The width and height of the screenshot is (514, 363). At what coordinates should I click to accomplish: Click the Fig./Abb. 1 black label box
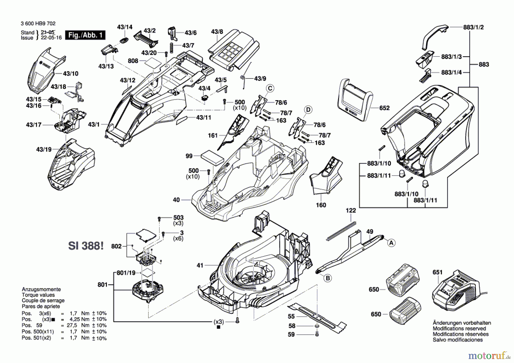(85, 35)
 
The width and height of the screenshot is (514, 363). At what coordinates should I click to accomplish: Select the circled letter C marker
(270, 89)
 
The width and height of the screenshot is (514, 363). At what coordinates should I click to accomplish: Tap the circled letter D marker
(308, 110)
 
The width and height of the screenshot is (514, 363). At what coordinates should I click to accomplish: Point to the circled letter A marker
(391, 243)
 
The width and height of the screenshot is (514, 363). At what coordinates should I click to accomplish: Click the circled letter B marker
(328, 278)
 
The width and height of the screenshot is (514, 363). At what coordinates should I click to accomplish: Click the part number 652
(384, 108)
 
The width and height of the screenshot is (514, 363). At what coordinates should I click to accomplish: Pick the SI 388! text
(86, 246)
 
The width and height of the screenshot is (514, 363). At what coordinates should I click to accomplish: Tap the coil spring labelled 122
(341, 231)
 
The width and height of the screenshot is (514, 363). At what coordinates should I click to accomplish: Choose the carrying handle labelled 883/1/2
(434, 36)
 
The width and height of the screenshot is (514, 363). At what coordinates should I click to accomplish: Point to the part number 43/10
(71, 74)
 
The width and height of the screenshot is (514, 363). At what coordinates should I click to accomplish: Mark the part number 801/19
(126, 273)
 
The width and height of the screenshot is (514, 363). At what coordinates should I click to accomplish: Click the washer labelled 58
(317, 326)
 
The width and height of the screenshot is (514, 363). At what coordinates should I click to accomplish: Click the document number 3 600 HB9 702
(38, 24)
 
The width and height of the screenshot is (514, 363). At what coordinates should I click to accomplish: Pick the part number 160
(321, 205)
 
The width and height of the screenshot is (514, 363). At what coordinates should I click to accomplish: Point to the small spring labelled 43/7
(172, 47)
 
